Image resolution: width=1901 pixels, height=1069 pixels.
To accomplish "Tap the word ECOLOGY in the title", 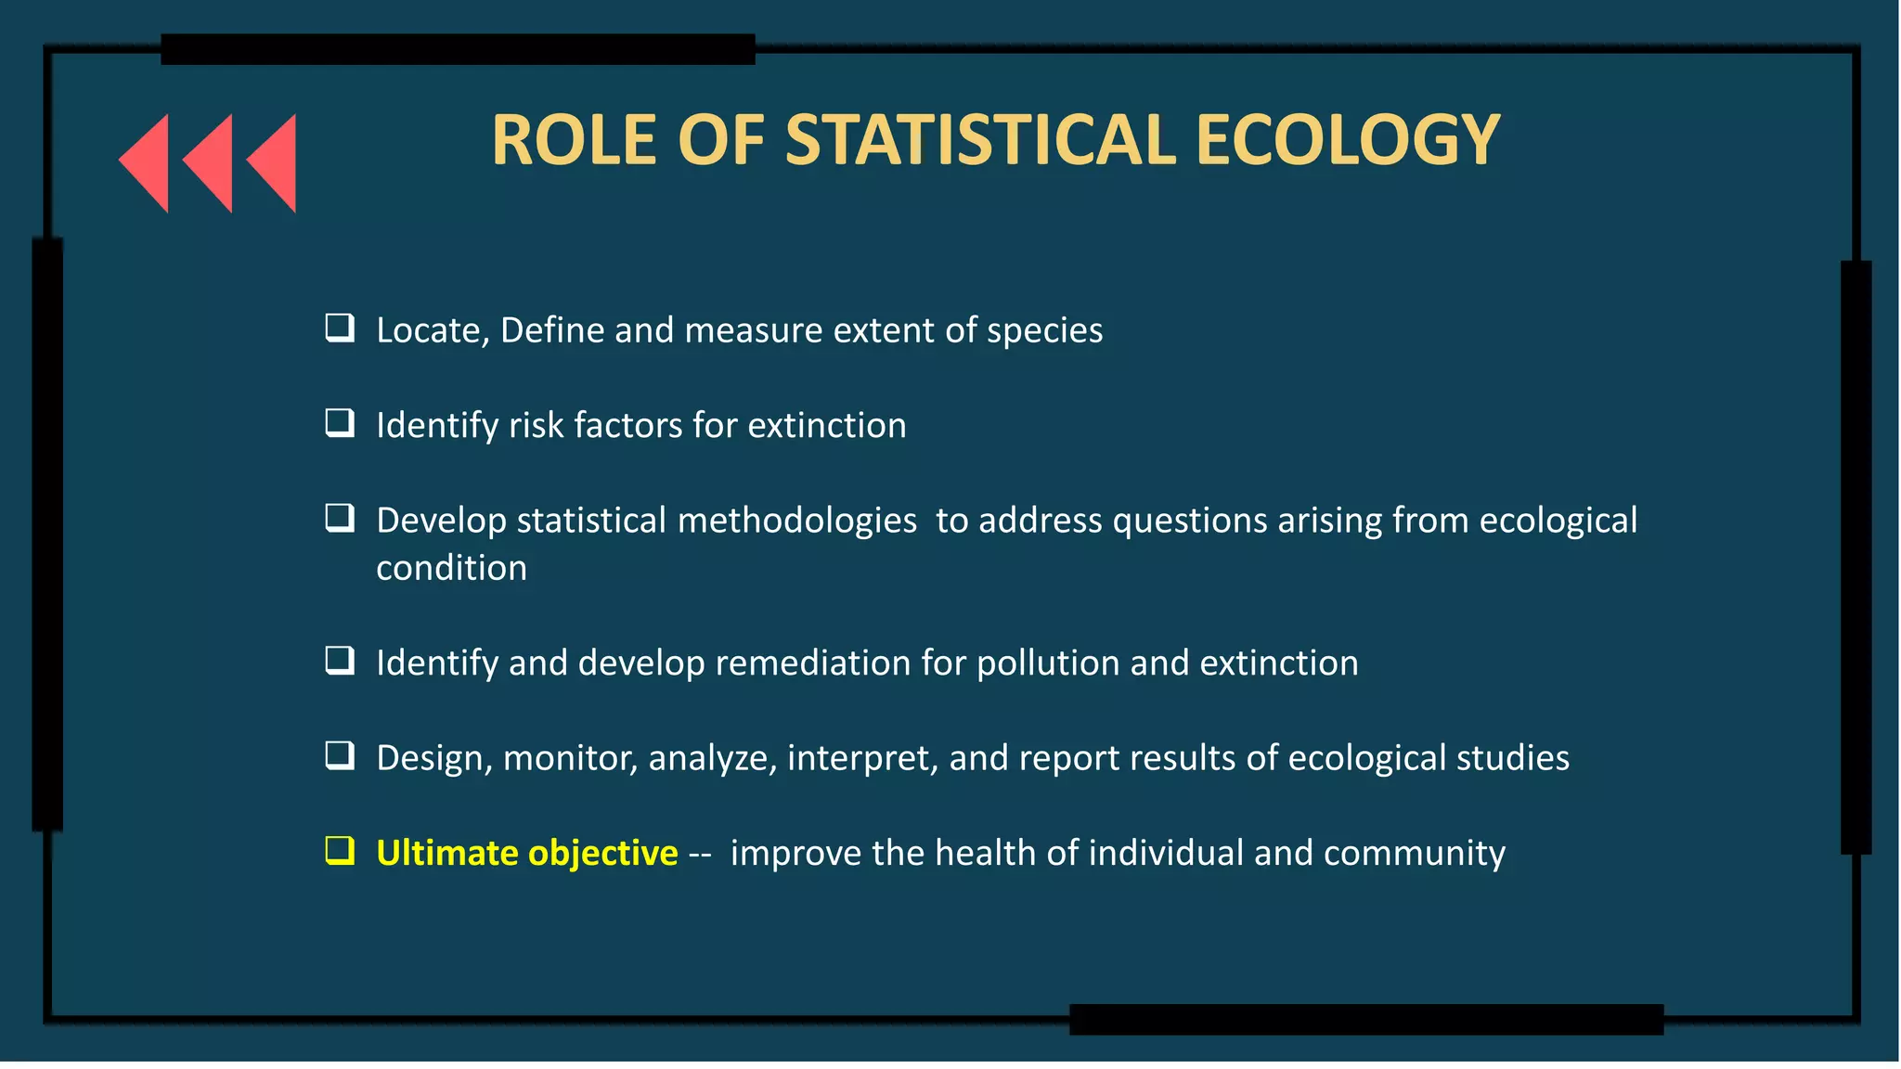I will [1348, 140].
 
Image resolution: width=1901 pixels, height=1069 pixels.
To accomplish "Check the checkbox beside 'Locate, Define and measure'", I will [340, 328].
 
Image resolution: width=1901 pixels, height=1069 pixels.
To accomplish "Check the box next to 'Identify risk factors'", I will [340, 423].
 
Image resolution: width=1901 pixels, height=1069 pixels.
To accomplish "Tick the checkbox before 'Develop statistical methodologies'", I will [340, 518].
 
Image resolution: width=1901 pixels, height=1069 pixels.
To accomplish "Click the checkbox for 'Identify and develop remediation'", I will [340, 661].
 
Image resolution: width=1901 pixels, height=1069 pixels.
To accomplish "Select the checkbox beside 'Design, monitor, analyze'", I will [340, 755].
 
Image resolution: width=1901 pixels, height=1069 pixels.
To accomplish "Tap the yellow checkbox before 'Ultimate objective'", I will [340, 850].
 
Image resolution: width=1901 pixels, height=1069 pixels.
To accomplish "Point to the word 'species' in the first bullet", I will [1044, 331].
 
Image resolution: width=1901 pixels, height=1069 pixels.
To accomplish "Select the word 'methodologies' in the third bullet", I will [797, 522].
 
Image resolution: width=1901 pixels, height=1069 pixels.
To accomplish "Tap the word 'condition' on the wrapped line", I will [451, 568].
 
